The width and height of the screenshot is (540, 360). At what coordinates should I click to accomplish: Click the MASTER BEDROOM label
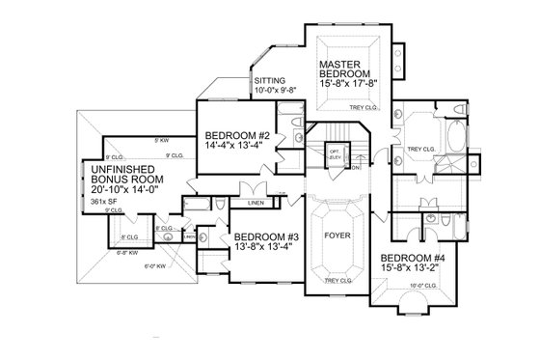point(347,70)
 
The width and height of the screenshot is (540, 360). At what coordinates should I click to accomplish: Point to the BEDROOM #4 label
point(410,258)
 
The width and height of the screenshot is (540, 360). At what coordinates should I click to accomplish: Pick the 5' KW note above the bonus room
point(160,143)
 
